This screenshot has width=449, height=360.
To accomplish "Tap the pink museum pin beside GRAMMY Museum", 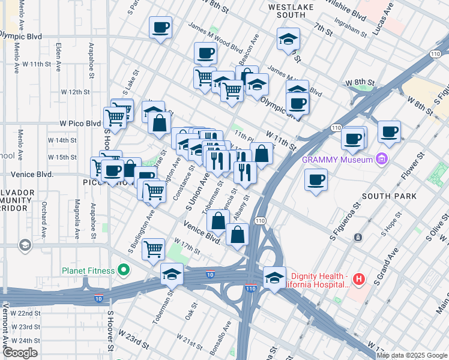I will [379, 159].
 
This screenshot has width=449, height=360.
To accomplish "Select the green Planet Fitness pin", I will [124, 271].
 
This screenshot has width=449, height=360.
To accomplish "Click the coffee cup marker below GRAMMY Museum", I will [316, 179].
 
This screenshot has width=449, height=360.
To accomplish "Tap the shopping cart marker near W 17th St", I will [154, 248].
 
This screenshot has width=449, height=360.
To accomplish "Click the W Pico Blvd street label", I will [80, 123].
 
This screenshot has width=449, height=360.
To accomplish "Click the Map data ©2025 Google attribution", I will [412, 355].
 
